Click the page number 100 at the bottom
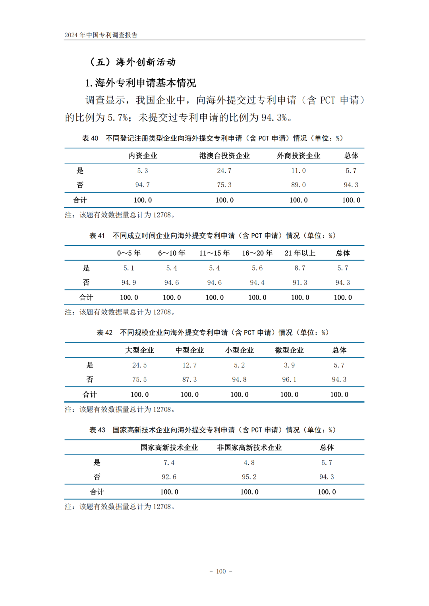coord(221,571)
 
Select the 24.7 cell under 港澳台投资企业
coord(224,171)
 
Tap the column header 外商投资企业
coord(298,156)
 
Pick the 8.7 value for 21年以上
coord(300,268)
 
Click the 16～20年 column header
coord(257,253)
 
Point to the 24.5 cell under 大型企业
coord(139,366)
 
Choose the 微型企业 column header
coord(289,350)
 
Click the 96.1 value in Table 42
coord(289,380)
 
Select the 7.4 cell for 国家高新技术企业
coord(169,463)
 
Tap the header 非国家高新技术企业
coord(249,448)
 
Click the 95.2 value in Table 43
coord(249,477)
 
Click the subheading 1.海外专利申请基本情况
coord(141,83)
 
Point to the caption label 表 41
coord(97,236)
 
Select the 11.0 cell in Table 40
coord(298,171)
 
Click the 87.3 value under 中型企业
coord(189,380)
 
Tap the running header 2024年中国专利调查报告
coord(101,35)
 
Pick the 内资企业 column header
coord(143,156)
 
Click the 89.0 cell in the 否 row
coord(298,185)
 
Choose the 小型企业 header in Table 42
coord(239,350)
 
